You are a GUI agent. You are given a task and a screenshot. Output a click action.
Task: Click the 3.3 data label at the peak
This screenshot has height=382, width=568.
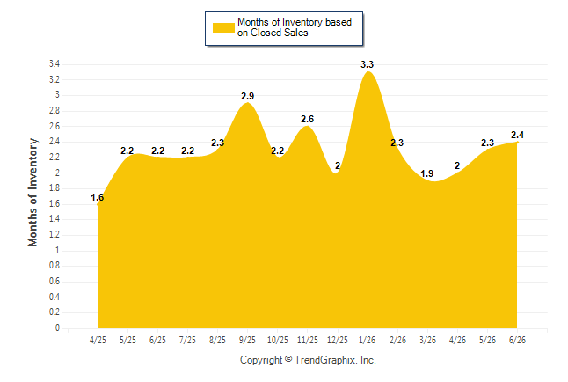point(367,64)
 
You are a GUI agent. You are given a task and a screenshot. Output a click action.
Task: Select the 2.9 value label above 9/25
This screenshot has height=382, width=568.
point(247,96)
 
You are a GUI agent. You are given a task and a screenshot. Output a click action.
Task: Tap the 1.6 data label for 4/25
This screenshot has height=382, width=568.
point(97,197)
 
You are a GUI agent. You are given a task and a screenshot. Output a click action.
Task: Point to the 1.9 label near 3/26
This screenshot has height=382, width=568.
point(426,173)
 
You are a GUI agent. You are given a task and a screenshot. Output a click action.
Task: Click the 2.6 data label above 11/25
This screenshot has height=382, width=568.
point(307,119)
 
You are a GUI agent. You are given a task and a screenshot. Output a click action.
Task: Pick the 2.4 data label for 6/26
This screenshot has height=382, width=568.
point(517,135)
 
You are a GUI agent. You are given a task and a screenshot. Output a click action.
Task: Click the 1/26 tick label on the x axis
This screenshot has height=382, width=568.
point(368,340)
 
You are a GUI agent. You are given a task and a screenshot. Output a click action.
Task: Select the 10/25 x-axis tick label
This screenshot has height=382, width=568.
point(278,340)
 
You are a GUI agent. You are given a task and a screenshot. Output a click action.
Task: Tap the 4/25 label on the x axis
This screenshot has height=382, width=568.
point(98,340)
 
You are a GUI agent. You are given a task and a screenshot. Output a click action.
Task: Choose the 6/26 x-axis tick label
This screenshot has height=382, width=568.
point(517,340)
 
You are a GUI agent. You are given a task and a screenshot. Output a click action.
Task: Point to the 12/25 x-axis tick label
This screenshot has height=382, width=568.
point(338,340)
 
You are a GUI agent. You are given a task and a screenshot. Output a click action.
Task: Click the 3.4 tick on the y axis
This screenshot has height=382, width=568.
point(55,64)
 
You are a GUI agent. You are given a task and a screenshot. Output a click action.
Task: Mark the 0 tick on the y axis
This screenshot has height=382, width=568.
point(57,328)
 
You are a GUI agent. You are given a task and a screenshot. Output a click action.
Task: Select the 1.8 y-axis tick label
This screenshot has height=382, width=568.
point(55,188)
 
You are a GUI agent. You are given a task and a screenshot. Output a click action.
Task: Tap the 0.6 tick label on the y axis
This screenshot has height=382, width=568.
point(55,282)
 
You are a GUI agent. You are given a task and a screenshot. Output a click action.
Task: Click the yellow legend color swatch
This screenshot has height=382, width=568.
point(223,28)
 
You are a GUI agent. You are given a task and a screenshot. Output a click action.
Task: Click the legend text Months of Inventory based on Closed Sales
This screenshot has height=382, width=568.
point(295,27)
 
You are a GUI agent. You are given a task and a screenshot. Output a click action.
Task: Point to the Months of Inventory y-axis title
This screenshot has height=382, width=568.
point(33,192)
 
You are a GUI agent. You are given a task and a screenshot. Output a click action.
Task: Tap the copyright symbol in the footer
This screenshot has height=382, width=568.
point(288,359)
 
